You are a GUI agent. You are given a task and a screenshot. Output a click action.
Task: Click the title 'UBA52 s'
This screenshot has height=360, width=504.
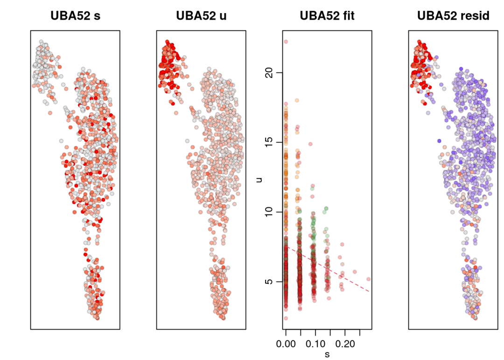[75, 16]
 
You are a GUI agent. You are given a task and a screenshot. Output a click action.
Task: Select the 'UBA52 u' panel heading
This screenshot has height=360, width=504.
[201, 16]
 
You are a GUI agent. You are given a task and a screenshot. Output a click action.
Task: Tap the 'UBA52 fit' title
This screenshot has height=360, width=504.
[327, 16]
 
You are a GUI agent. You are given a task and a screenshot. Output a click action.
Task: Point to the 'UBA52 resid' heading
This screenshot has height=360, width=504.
[453, 16]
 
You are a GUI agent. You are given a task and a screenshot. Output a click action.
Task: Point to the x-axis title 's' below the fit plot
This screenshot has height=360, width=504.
[327, 354]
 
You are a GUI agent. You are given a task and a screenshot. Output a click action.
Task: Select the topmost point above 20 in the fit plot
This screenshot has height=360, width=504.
[286, 42]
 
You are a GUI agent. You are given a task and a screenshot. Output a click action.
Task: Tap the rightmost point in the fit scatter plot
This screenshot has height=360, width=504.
[369, 279]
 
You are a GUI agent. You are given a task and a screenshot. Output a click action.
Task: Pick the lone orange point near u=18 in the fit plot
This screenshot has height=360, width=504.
[296, 100]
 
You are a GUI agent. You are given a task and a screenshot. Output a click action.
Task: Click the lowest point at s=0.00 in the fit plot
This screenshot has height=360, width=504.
[286, 318]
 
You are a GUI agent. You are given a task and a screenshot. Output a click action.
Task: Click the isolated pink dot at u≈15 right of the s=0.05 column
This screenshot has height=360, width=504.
[310, 144]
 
